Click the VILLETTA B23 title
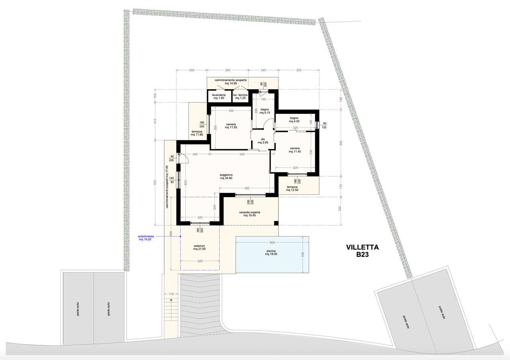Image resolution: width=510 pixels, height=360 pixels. point(363,251)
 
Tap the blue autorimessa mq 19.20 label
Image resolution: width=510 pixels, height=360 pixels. point(146,238)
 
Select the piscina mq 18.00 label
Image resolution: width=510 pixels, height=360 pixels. point(271,252)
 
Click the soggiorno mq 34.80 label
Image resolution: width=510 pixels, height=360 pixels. point(226,176)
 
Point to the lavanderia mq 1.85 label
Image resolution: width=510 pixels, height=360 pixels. point(219,96)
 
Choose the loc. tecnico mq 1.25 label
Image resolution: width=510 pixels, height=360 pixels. point(240,96)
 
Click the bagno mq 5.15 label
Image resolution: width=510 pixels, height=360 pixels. point(265,111)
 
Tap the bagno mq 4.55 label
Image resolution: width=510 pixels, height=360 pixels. point(294,120)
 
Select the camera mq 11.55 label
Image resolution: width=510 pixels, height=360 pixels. point(231,126)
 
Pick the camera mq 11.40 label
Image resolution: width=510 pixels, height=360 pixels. point(295,150)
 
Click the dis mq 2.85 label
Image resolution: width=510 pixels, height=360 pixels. point(263,141)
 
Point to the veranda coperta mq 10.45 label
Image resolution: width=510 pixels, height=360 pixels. point(249,214)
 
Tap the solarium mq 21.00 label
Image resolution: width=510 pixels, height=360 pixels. point(200,247)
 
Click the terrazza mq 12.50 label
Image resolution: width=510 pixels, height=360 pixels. point(292,188)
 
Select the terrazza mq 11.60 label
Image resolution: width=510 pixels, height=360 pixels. point(197,133)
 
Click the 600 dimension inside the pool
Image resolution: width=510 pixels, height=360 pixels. point(272,243)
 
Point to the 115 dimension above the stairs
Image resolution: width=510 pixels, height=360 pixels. point(171,294)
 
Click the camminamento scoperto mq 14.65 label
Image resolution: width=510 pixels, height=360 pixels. point(231,82)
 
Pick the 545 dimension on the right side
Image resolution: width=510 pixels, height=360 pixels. point(341,143)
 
